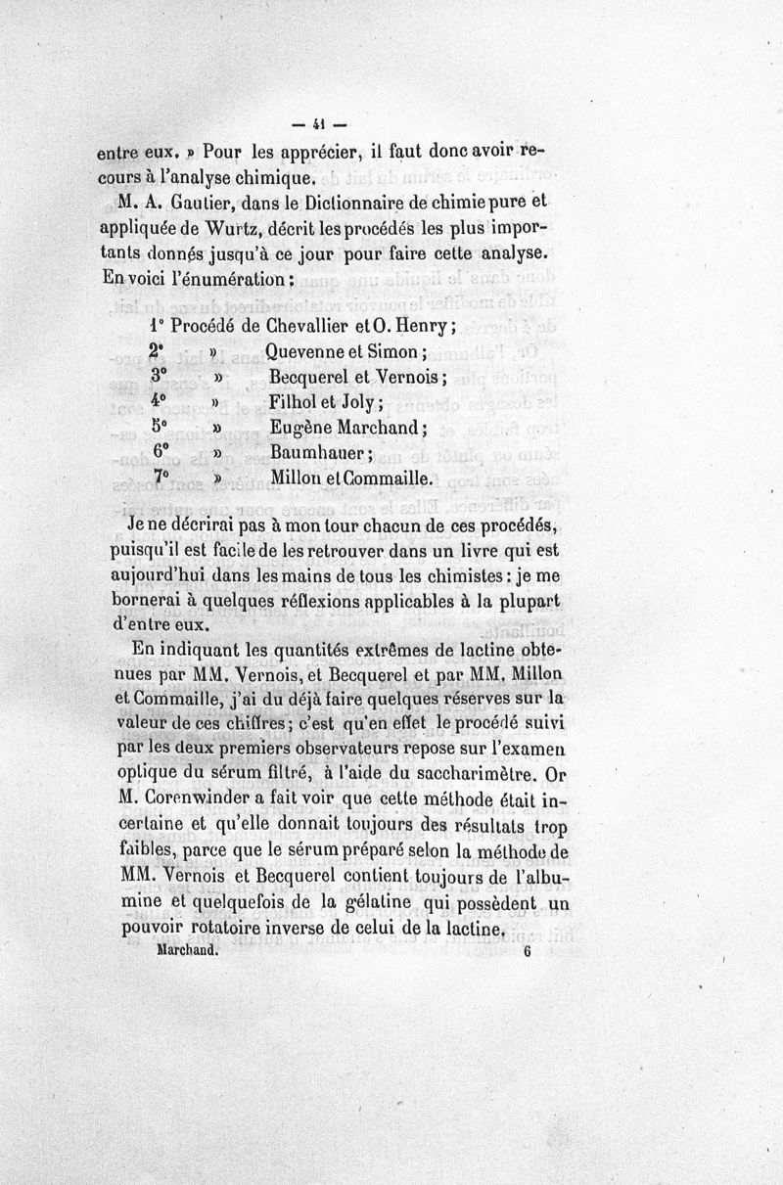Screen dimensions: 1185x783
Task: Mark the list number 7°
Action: click(161, 478)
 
